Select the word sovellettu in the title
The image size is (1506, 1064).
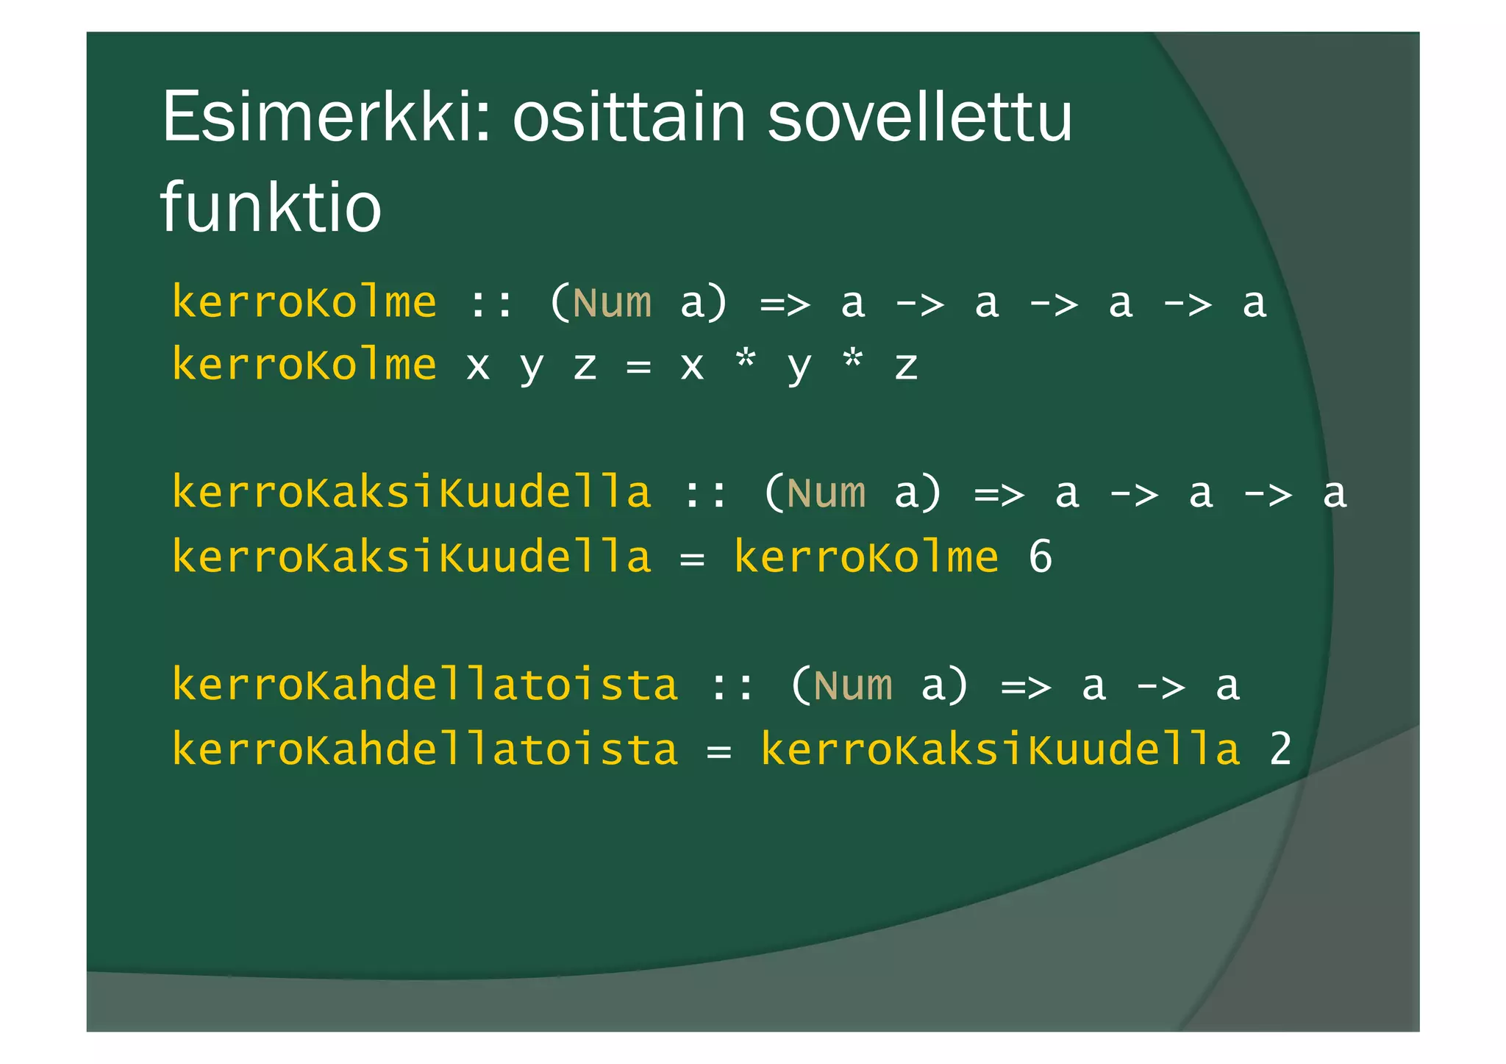coord(920,118)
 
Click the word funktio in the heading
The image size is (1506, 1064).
coord(271,207)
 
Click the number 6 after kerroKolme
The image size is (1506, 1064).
coord(1040,557)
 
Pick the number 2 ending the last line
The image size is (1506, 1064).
coord(1280,749)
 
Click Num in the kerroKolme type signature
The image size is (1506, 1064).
coord(612,303)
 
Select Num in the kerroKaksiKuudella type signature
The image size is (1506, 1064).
coord(826,493)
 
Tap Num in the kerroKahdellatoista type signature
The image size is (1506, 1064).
coord(853,686)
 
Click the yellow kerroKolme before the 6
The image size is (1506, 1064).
coord(866,557)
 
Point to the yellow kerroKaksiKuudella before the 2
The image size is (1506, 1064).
coord(1000,749)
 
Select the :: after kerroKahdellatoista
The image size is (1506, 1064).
coord(732,686)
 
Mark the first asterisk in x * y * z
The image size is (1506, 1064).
coord(746,361)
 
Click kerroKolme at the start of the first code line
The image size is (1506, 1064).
coord(304,303)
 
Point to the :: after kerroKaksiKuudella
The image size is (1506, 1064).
coord(705,493)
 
